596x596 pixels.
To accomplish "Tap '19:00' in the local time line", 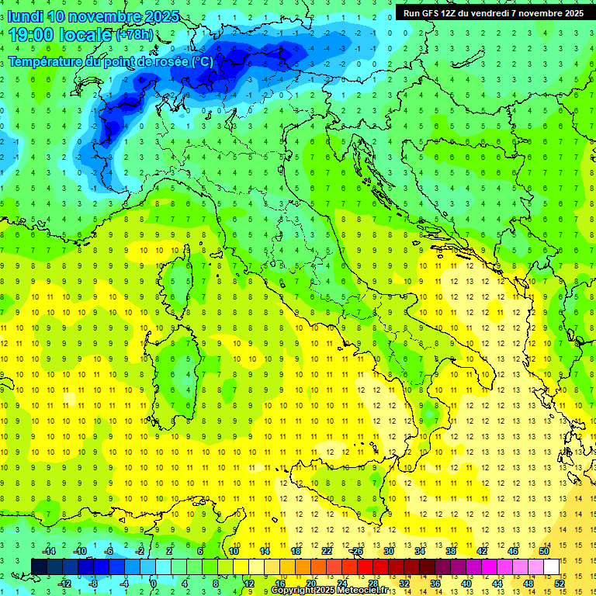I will pyautogui.click(x=29, y=35).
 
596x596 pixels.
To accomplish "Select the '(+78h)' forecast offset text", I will pyautogui.click(x=134, y=35).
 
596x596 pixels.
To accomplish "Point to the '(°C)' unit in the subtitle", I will pyautogui.click(x=201, y=61).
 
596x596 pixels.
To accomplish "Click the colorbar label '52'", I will pyautogui.click(x=560, y=584).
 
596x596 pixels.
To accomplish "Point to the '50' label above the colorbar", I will pyautogui.click(x=544, y=551).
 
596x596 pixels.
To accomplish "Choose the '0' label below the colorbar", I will pyautogui.click(x=154, y=584).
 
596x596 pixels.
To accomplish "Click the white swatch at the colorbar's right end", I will pyautogui.click(x=551, y=567).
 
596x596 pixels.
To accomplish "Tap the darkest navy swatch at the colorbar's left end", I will pyautogui.click(x=39, y=567).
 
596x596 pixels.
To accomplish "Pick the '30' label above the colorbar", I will pyautogui.click(x=388, y=551).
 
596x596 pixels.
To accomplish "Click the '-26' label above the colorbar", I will pyautogui.click(x=357, y=551).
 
